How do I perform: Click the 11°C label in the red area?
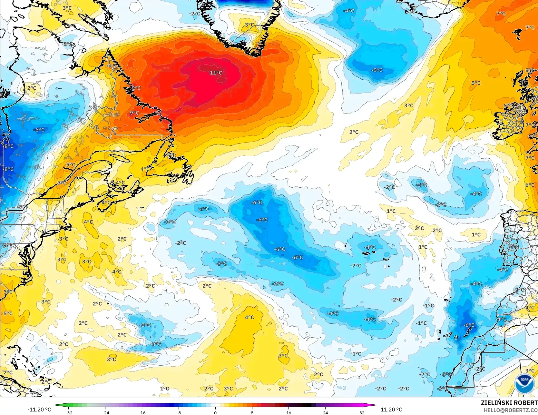pyautogui.click(x=216, y=73)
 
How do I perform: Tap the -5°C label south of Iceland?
pyautogui.click(x=377, y=70)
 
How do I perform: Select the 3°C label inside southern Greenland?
pyautogui.click(x=249, y=25)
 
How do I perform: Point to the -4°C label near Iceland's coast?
pyautogui.click(x=348, y=11)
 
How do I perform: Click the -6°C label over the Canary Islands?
pyautogui.click(x=469, y=325)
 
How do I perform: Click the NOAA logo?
pyautogui.click(x=524, y=383)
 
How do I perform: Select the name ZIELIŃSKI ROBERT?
pyautogui.click(x=509, y=403)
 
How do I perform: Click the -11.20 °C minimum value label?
pyautogui.click(x=39, y=410)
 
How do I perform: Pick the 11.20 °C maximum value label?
pyautogui.click(x=391, y=410)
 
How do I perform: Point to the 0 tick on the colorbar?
pyautogui.click(x=215, y=412)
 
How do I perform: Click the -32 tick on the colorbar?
pyautogui.click(x=68, y=412)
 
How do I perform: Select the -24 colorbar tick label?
pyautogui.click(x=105, y=412)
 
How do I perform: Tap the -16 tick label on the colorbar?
pyautogui.click(x=142, y=412)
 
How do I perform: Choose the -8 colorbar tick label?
pyautogui.click(x=179, y=412)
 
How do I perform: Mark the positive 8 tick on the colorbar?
pyautogui.click(x=252, y=412)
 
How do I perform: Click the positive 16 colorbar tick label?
pyautogui.click(x=289, y=412)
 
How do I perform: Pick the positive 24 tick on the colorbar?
pyautogui.click(x=326, y=412)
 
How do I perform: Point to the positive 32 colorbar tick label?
pyautogui.click(x=362, y=412)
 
